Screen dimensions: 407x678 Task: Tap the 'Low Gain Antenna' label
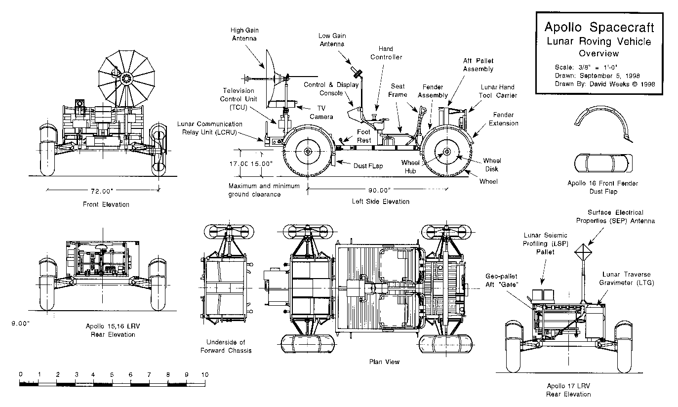330,40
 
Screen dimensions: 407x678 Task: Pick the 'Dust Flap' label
368,166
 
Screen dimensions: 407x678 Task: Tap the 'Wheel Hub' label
410,166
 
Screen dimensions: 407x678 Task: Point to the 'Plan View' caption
384,362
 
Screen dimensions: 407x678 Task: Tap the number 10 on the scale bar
204,374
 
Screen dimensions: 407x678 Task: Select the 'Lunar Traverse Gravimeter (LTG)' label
626,279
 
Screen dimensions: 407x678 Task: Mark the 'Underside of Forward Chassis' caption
226,346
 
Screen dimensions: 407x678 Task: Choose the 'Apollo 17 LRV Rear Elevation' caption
568,390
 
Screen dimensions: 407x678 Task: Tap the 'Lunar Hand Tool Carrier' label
498,91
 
